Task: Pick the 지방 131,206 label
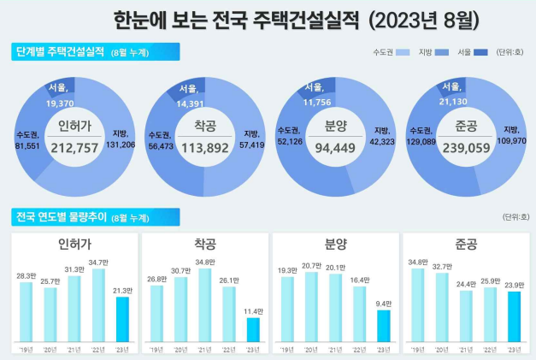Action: coord(121,139)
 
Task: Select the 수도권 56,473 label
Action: coord(159,139)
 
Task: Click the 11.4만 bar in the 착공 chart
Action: coord(252,329)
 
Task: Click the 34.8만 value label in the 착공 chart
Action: coord(203,262)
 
